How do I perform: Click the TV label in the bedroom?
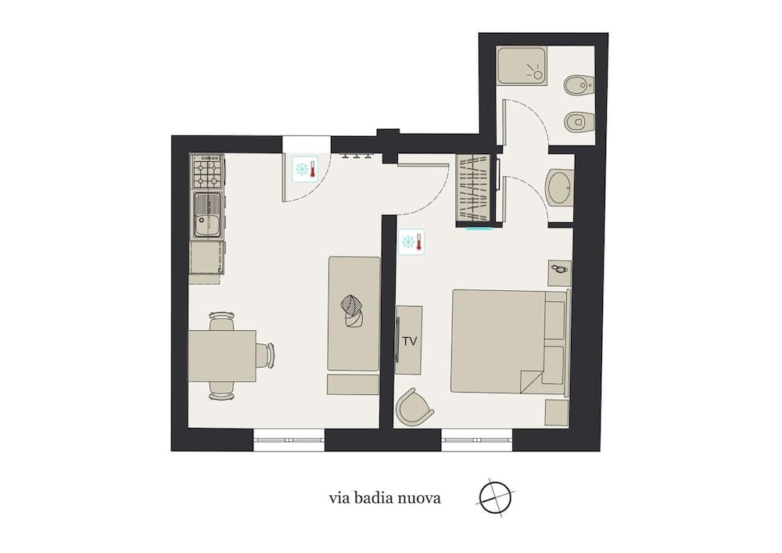click(410, 342)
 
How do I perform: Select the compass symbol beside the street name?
click(495, 497)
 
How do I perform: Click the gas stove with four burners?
click(207, 171)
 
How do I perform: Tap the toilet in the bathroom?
click(579, 121)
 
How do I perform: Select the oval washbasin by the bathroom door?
click(560, 187)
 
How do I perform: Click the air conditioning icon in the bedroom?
click(412, 242)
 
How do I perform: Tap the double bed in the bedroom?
click(510, 342)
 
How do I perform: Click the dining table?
click(222, 356)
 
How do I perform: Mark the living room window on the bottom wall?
click(289, 440)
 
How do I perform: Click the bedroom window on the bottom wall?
click(477, 440)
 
